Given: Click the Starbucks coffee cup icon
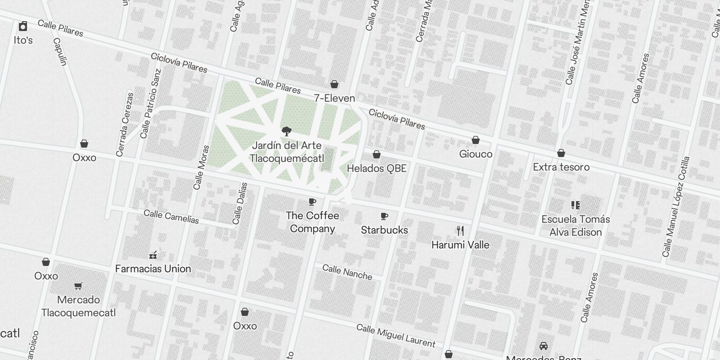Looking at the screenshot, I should (x=384, y=216).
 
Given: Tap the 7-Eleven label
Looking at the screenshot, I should (x=334, y=98).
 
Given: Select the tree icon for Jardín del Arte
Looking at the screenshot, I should (x=286, y=131).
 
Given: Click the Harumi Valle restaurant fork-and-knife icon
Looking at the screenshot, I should (x=460, y=231).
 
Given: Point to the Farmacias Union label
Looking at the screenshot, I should (x=153, y=269).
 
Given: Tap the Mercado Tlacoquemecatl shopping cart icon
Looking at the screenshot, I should (x=78, y=286).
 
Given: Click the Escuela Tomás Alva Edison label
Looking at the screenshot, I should (x=576, y=225).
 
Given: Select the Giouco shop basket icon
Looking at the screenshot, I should (x=476, y=140).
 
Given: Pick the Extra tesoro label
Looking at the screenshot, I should (x=561, y=167).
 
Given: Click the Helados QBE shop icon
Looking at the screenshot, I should (x=377, y=155).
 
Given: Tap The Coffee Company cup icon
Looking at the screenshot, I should (x=312, y=202).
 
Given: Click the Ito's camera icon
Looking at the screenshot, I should (x=23, y=27).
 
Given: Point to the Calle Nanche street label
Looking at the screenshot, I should (x=347, y=272).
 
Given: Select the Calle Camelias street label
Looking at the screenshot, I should (x=171, y=216).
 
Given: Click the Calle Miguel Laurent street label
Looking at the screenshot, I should (x=396, y=335).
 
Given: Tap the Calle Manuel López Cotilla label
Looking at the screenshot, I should (x=675, y=207).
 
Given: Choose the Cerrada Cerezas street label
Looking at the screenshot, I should (x=125, y=125).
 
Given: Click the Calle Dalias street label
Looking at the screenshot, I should (x=240, y=203).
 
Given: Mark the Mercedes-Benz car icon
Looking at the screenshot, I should (x=544, y=346).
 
